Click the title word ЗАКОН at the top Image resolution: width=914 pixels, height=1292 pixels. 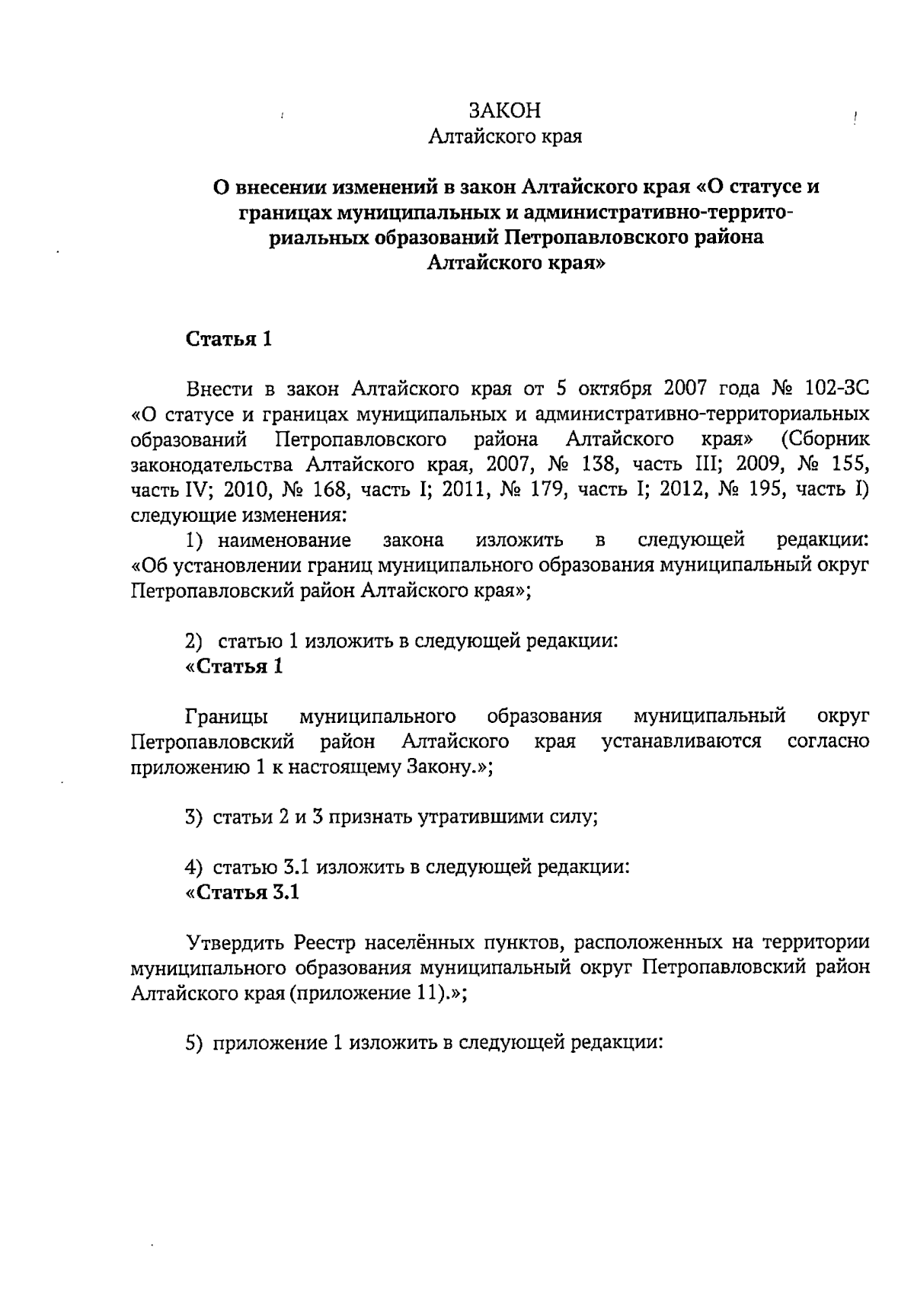tap(505, 111)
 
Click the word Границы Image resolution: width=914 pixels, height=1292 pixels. tap(225, 717)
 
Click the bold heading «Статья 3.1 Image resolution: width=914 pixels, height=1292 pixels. tap(242, 892)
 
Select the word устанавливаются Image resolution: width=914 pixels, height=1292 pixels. tap(682, 742)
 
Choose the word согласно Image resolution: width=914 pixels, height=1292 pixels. tap(828, 742)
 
